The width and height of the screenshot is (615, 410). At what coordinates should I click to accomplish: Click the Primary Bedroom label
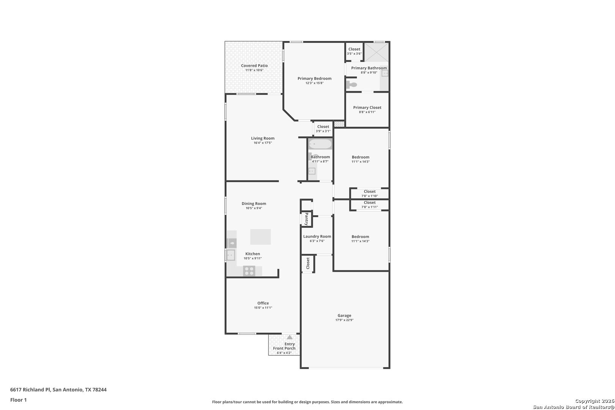pyautogui.click(x=314, y=79)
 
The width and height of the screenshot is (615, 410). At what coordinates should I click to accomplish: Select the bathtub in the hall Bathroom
pyautogui.click(x=320, y=144)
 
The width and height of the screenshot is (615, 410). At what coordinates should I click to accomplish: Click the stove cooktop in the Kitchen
pyautogui.click(x=249, y=271)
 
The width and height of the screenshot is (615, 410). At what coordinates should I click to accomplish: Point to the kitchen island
pyautogui.click(x=260, y=237)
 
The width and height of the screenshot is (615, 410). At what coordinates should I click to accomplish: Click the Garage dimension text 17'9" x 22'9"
pyautogui.click(x=344, y=320)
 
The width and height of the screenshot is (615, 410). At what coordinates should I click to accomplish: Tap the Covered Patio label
pyautogui.click(x=254, y=66)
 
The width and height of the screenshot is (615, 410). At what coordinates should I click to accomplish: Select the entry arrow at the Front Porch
pyautogui.click(x=290, y=337)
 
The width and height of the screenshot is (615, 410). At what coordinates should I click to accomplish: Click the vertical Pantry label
pyautogui.click(x=307, y=219)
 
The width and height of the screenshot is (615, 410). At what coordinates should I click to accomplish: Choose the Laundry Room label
pyautogui.click(x=317, y=237)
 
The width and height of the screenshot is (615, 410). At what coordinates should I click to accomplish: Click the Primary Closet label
pyautogui.click(x=367, y=108)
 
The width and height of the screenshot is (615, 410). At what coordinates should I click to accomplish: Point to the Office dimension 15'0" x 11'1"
pyautogui.click(x=263, y=308)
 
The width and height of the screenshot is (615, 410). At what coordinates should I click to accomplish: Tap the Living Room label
pyautogui.click(x=263, y=139)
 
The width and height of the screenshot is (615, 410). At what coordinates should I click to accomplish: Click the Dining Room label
pyautogui.click(x=254, y=204)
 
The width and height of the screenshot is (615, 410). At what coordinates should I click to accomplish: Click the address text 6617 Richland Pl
pyautogui.click(x=30, y=389)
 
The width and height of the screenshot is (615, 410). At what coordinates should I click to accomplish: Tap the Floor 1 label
pyautogui.click(x=18, y=400)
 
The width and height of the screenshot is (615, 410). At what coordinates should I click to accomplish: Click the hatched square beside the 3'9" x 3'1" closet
pyautogui.click(x=339, y=124)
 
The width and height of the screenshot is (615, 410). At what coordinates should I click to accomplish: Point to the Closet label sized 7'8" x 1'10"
pyautogui.click(x=369, y=192)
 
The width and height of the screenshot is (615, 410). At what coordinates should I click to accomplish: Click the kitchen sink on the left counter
pyautogui.click(x=231, y=255)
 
